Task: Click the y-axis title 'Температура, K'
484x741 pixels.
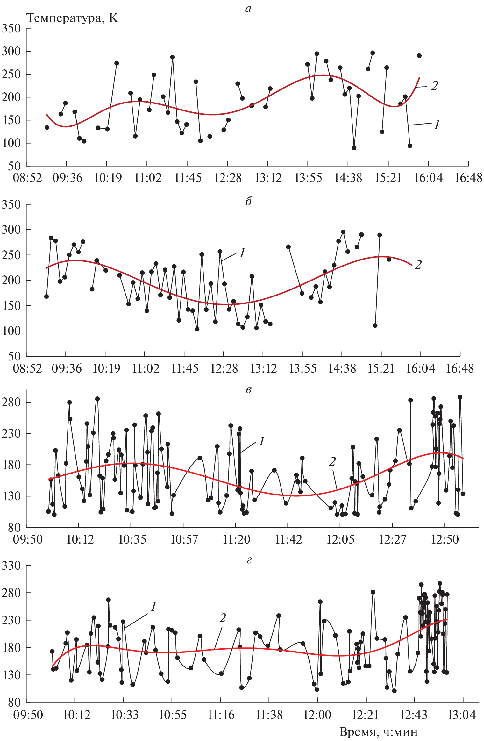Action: click(x=73, y=18)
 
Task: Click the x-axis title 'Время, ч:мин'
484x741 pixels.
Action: click(x=378, y=731)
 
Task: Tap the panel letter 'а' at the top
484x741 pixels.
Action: click(x=248, y=9)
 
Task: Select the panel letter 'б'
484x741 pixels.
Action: click(x=248, y=201)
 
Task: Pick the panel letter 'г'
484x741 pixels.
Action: click(x=249, y=559)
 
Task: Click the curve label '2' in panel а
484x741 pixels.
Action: click(x=434, y=85)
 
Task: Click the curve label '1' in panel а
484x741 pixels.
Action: click(x=437, y=125)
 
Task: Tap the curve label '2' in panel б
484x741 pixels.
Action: click(x=418, y=265)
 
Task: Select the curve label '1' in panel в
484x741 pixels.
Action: click(x=261, y=441)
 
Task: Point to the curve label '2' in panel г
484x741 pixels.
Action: click(x=222, y=618)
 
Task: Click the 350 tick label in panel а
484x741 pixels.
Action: click(x=11, y=29)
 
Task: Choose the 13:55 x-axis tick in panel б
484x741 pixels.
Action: click(x=302, y=368)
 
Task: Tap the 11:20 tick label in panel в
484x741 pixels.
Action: click(x=236, y=539)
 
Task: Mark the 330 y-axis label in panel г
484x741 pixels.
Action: click(x=11, y=566)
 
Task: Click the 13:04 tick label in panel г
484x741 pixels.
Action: click(x=462, y=715)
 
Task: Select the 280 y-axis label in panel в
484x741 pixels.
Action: click(x=11, y=402)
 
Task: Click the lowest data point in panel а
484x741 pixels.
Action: click(x=354, y=148)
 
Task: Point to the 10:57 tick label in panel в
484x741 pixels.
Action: click(x=184, y=539)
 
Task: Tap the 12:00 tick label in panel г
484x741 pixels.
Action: click(x=317, y=715)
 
